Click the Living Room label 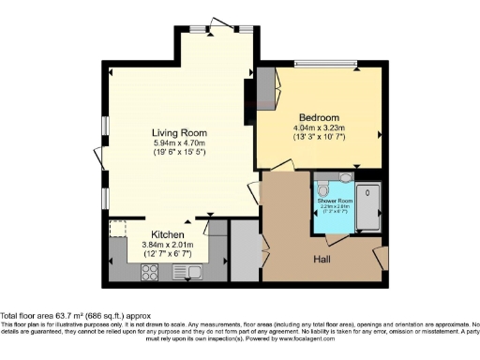click(179, 132)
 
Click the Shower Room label click(334, 201)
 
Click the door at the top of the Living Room click(222, 23)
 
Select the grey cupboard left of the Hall click(243, 250)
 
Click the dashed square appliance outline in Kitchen click(118, 230)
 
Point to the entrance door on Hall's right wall click(379, 255)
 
